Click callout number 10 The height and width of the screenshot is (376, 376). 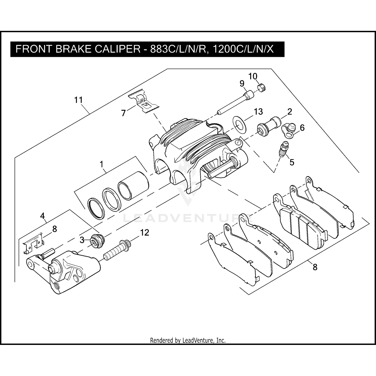[253, 76]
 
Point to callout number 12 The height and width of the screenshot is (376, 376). [144, 233]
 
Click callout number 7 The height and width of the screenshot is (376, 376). [123, 113]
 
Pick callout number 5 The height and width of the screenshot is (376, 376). [292, 162]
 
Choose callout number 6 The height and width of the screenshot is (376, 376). [302, 128]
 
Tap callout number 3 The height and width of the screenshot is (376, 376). [82, 240]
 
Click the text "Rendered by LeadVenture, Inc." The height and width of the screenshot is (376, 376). [188, 340]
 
